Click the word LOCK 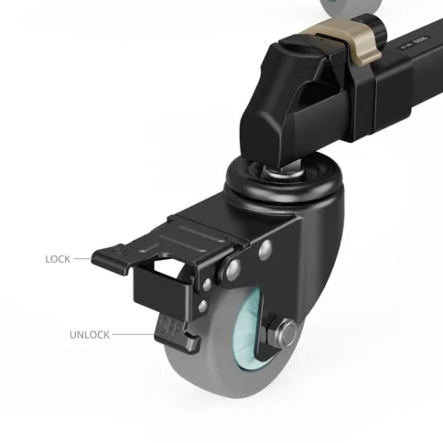(x=58, y=259)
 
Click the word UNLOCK (x=89, y=335)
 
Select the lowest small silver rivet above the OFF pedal (x=203, y=306)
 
